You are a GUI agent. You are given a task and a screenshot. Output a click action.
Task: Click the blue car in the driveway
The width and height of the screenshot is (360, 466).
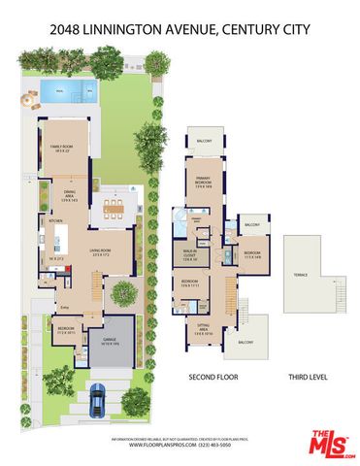[x=98, y=398]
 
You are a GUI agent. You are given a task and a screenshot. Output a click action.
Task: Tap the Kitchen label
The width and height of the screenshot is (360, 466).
[x=44, y=223]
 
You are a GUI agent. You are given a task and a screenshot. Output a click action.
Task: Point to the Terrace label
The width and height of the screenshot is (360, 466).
[x=302, y=275]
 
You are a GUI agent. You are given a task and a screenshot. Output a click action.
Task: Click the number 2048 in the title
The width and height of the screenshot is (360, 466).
[x=66, y=31]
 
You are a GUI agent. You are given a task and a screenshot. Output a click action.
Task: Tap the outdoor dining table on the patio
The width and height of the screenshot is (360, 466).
[x=117, y=206]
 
